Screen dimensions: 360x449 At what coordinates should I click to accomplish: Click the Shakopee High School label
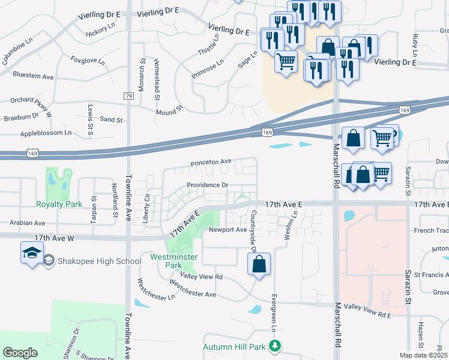pyautogui.click(x=100, y=261)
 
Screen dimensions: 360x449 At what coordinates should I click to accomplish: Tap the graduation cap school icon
pyautogui.click(x=32, y=253)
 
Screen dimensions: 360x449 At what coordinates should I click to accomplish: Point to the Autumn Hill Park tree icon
pyautogui.click(x=275, y=346)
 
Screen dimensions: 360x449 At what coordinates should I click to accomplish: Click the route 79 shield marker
pyautogui.click(x=128, y=96)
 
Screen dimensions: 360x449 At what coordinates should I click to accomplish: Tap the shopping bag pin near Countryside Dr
pyautogui.click(x=259, y=265)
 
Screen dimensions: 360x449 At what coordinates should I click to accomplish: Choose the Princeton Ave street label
pyautogui.click(x=211, y=163)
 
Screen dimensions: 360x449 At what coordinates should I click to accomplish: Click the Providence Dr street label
pyautogui.click(x=207, y=185)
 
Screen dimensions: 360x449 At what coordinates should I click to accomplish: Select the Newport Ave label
pyautogui.click(x=228, y=230)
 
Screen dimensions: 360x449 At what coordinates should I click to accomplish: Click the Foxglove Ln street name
pyautogui.click(x=88, y=61)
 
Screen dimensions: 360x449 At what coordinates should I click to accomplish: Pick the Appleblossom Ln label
pyautogui.click(x=46, y=133)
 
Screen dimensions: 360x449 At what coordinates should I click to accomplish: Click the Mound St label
pyautogui.click(x=169, y=112)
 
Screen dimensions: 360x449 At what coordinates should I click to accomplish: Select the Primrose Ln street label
pyautogui.click(x=207, y=67)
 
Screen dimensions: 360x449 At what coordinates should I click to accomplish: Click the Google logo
pyautogui.click(x=20, y=353)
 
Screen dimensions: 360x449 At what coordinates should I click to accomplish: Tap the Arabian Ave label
pyautogui.click(x=28, y=223)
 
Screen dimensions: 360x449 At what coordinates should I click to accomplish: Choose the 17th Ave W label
pyautogui.click(x=55, y=238)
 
